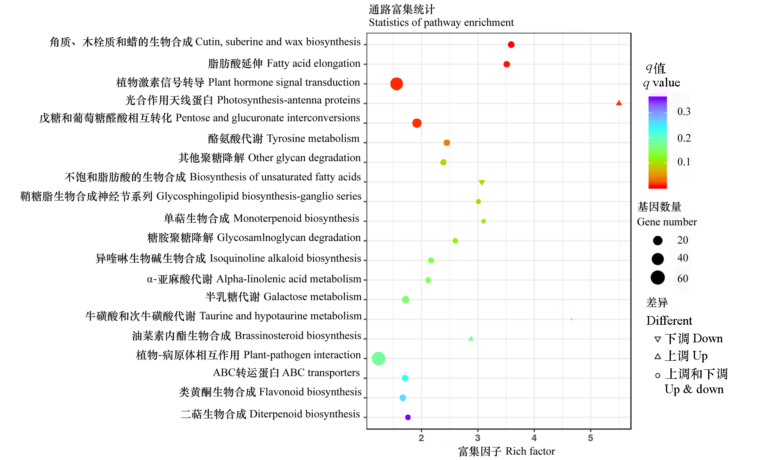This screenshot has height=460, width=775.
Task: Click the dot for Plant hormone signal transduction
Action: pos(396,84)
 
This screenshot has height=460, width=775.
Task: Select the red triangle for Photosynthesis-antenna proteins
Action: pos(619,103)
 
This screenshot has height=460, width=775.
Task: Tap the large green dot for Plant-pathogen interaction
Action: pos(378,358)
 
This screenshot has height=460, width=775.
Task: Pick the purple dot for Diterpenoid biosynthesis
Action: pos(408,417)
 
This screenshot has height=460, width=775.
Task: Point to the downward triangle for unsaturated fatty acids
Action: pos(482,182)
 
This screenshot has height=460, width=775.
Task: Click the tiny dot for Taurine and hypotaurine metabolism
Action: pos(571,319)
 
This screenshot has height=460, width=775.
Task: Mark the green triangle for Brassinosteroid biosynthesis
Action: pos(471,339)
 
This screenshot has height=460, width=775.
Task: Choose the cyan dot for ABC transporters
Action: pos(405,378)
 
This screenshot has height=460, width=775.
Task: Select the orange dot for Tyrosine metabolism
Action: pos(447,143)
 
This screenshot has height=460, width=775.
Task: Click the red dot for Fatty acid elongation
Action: pos(506,64)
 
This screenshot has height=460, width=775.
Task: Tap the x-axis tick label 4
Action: pos(534,438)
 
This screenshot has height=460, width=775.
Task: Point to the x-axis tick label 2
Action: pos(421,438)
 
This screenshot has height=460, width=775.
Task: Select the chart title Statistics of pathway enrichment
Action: pos(441,23)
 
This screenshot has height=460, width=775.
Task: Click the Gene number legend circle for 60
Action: pos(657,278)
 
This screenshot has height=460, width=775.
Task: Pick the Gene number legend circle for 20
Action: pos(657,240)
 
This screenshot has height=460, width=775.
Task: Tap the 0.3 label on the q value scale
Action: pos(684,112)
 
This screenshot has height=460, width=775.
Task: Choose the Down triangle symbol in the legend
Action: pos(657,339)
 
